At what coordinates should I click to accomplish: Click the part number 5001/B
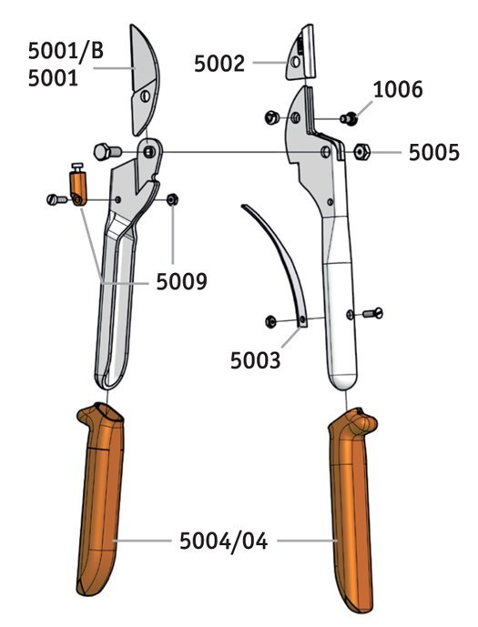66,51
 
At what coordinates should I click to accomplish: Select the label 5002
219,64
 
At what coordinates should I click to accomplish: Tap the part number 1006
398,89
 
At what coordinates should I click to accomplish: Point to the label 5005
434,153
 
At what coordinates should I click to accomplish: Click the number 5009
181,281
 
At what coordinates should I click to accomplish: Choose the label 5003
255,360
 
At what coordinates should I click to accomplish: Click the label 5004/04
223,541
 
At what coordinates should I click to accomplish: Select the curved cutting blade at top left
145,80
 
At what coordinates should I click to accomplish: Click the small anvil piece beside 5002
300,53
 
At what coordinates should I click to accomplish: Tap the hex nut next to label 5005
362,152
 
